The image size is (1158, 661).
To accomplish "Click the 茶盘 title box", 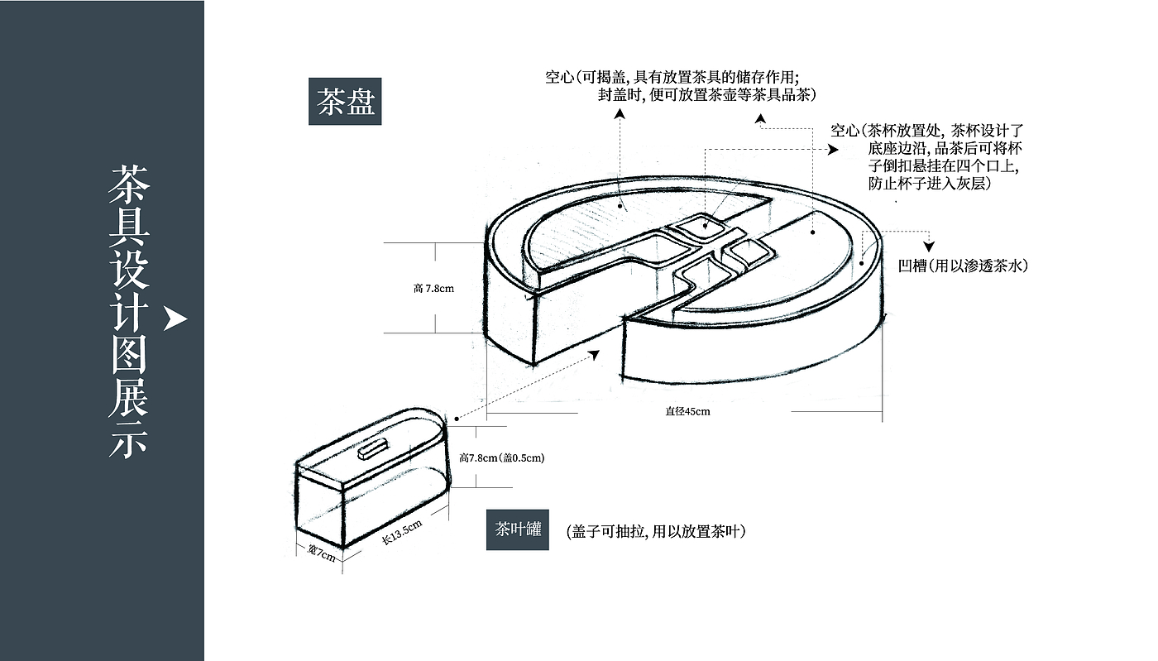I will point(345,102).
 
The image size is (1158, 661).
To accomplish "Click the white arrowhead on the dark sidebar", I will point(175,319).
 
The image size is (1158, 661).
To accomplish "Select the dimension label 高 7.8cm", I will point(433,289).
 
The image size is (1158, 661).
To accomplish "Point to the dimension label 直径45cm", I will point(687,411).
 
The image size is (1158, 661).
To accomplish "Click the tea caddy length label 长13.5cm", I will point(403,530).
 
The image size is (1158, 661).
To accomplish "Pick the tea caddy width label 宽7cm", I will point(321,552).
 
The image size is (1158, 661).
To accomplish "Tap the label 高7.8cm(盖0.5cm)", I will point(501,457).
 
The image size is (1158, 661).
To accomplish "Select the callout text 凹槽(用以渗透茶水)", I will point(962,266).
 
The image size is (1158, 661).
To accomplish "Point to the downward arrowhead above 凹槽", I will point(930,246).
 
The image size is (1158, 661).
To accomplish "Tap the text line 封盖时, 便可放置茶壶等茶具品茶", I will point(707,94).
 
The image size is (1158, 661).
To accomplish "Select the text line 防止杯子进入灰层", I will point(929,184).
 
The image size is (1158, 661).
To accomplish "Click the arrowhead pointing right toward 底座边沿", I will point(833,150).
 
